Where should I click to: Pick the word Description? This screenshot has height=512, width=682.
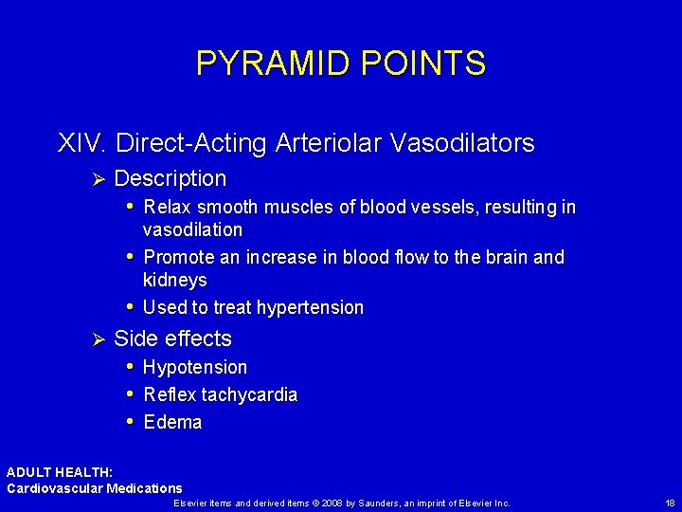[170, 178]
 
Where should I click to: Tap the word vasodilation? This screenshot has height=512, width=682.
[192, 229]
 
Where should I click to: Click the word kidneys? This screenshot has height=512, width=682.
[174, 280]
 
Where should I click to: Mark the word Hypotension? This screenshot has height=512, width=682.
[195, 367]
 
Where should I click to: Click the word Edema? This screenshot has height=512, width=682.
[172, 422]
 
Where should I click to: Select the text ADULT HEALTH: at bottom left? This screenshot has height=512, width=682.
[60, 472]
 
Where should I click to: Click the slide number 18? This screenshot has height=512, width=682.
[670, 503]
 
